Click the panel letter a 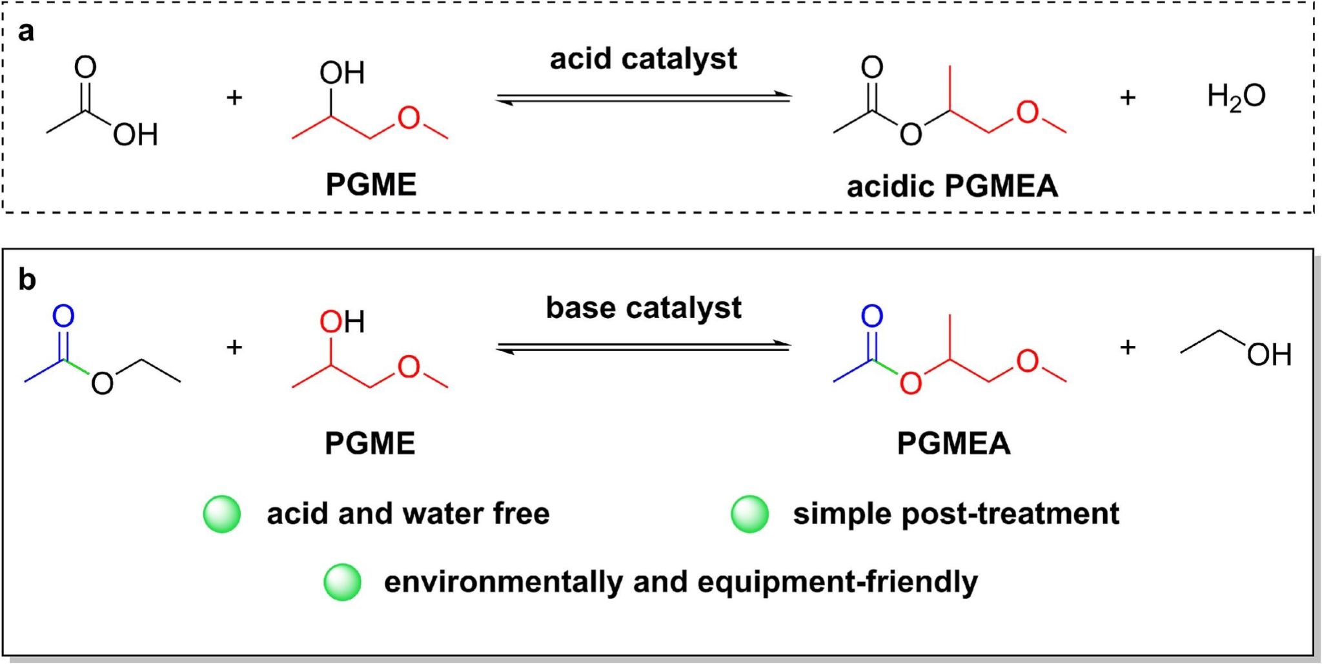26,31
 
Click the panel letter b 27,279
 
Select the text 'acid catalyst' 643,59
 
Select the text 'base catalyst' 644,308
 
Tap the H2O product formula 1236,97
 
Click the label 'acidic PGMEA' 953,186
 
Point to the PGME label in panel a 371,185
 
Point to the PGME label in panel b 370,443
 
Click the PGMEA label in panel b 953,443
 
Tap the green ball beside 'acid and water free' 222,514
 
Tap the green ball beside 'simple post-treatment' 749,514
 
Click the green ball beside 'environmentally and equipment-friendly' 342,582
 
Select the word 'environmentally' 503,583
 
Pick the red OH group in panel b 342,321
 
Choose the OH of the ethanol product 1269,354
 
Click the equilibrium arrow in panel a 644,98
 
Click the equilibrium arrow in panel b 644,347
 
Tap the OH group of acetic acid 136,135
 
